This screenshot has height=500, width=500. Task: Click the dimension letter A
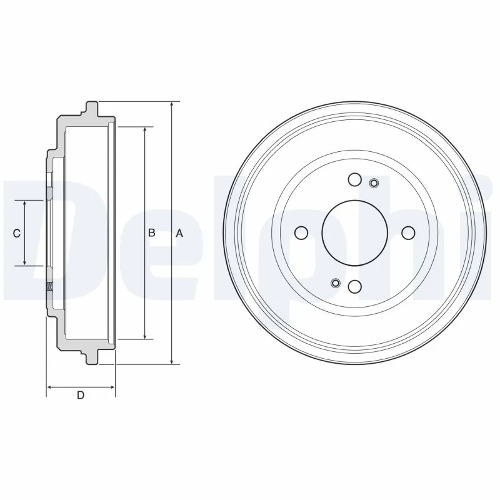coord(179,233)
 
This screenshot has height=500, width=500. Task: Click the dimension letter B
coord(151,233)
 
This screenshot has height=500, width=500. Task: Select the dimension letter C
coord(17,233)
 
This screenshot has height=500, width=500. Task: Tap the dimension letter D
coord(80,395)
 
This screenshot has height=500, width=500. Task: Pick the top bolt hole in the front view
coord(355,180)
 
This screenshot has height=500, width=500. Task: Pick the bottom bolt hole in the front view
coord(355,286)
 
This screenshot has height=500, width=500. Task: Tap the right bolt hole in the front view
coord(408,233)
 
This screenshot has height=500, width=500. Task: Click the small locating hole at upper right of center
coord(374,182)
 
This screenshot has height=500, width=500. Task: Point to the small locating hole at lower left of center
coord(336,283)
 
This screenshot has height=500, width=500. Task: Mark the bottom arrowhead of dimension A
coord(172,361)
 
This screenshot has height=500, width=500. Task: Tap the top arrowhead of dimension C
coord(24,204)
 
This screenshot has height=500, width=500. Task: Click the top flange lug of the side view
coord(92,107)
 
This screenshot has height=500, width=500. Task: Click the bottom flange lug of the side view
coord(92,357)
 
